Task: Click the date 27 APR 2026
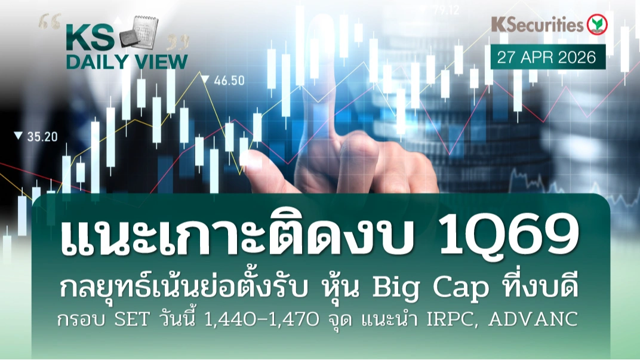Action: (x=546, y=57)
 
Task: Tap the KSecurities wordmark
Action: (x=537, y=24)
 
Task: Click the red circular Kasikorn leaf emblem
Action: (x=597, y=24)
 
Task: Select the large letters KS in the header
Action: (x=90, y=38)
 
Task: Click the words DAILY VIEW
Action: (x=127, y=62)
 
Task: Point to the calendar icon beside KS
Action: (x=139, y=31)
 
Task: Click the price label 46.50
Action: (x=229, y=81)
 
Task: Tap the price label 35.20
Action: (x=42, y=137)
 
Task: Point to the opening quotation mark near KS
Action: (x=50, y=21)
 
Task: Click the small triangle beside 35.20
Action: (x=18, y=136)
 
